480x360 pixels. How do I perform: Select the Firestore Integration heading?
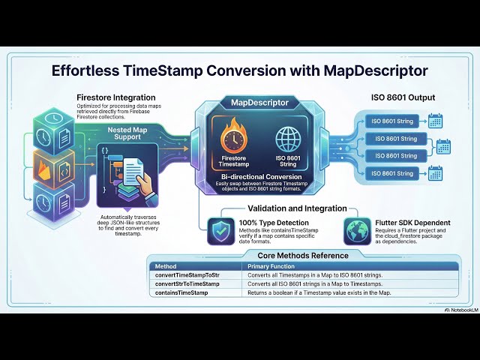(115, 97)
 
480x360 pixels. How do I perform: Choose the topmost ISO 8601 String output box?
(396, 121)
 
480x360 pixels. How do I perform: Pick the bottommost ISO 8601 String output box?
(396, 174)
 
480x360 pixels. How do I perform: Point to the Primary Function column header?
(274, 266)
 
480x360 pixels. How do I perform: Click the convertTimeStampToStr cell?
(187, 276)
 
